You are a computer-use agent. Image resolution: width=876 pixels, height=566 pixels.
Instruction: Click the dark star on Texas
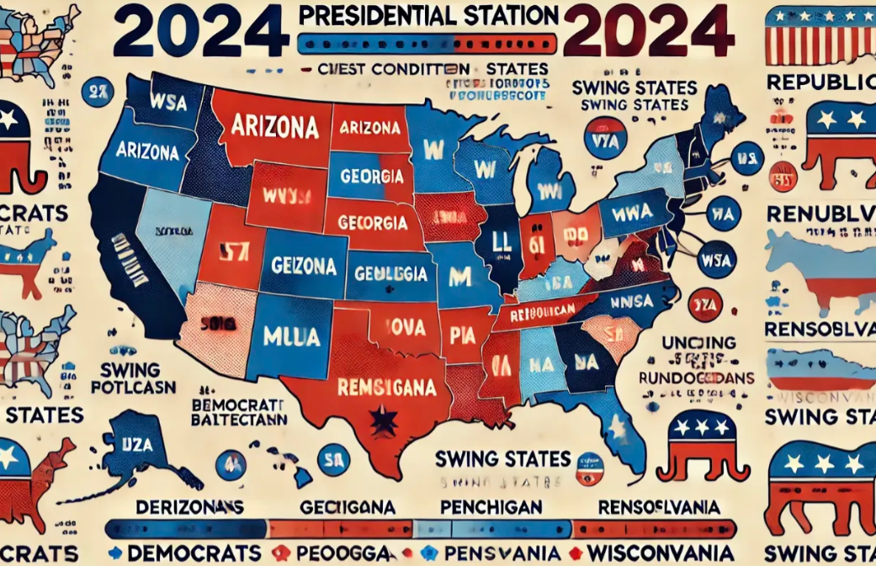386,418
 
